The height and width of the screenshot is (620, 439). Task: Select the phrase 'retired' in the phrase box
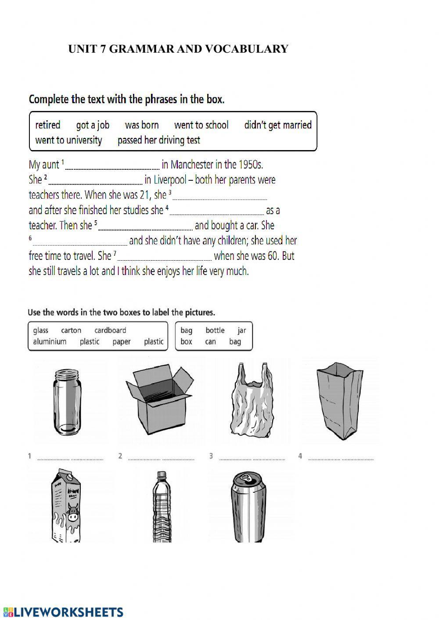pos(48,125)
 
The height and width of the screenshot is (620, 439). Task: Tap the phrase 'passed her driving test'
pos(158,140)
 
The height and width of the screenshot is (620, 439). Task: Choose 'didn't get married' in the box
pos(277,125)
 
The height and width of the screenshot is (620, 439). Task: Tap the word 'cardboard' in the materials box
pos(110,330)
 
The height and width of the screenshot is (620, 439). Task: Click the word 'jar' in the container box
pos(242,330)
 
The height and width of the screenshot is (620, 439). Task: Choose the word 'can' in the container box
pos(210,342)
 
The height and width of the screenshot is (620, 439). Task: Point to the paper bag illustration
pos(340,401)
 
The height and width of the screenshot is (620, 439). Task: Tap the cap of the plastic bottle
pos(162,475)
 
